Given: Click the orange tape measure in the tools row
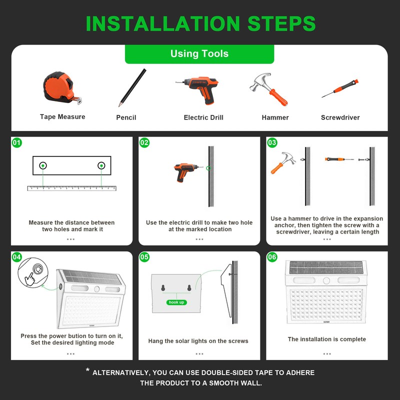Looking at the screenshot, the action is [62, 88].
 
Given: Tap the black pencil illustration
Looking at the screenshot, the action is [132, 87].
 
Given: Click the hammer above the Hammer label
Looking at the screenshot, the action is [269, 89].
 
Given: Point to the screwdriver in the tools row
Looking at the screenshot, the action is [340, 88].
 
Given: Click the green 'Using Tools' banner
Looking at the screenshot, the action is [199, 54].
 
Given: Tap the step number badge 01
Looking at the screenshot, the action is [17, 142].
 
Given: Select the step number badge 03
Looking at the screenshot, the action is [272, 142].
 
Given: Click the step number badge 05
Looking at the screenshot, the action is [144, 257].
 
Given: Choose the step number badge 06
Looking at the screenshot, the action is [272, 257].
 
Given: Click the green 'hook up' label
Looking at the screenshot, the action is [176, 302].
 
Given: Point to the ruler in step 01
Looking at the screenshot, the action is [72, 188].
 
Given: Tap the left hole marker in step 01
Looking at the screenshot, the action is [43, 165].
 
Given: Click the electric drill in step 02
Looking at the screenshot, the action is [186, 172].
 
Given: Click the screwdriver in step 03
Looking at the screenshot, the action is [339, 159].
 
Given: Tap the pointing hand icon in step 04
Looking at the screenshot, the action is [30, 279].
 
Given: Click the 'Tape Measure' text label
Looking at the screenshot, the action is [62, 117].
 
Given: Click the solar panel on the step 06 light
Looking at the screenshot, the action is [326, 267].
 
